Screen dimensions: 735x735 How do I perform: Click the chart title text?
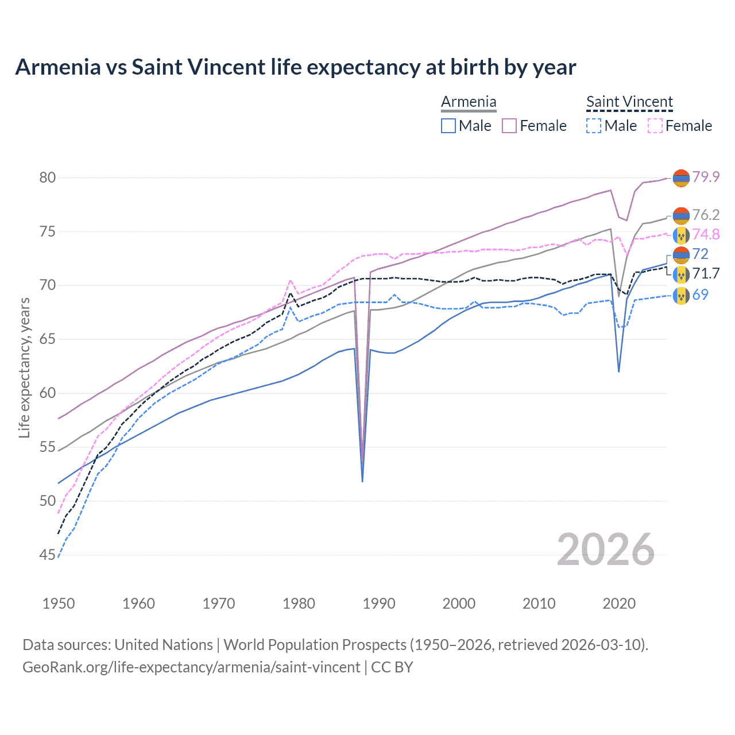click(x=295, y=67)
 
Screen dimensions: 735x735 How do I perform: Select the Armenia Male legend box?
click(x=448, y=126)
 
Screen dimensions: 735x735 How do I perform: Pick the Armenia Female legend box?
click(x=509, y=126)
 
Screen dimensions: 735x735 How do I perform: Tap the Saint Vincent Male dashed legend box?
click(x=594, y=126)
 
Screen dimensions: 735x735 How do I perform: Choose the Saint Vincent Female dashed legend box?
click(x=655, y=126)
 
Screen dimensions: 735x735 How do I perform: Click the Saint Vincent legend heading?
click(x=629, y=102)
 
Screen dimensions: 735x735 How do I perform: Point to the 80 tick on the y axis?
click(x=48, y=177)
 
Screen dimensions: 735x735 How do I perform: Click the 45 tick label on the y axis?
click(x=48, y=555)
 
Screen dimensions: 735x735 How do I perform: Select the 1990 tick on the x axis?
click(x=379, y=604)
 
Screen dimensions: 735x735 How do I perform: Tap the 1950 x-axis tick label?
click(x=59, y=604)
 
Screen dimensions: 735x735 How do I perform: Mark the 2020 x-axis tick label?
click(x=619, y=604)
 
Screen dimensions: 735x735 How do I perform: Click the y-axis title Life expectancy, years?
click(x=24, y=367)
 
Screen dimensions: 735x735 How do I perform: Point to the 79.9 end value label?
click(x=706, y=177)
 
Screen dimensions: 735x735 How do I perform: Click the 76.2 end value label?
click(x=706, y=215)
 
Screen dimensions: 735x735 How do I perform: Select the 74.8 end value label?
click(x=706, y=234)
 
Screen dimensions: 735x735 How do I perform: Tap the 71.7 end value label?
click(x=706, y=274)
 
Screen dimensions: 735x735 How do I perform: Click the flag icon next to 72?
click(x=681, y=254)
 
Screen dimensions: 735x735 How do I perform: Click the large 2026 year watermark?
click(x=606, y=550)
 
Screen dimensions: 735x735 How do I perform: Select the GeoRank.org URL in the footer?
click(x=191, y=667)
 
